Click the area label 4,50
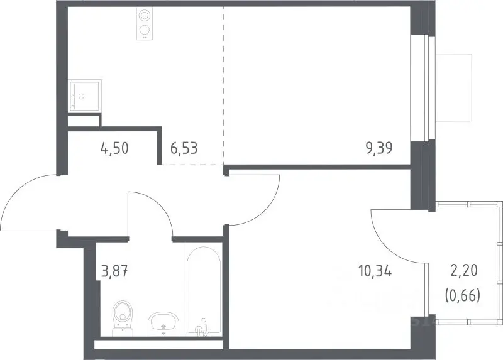click(x=114, y=148)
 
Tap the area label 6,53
click(x=184, y=148)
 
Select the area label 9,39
click(x=380, y=148)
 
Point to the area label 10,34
click(x=375, y=272)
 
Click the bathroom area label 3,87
click(x=115, y=272)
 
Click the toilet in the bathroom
click(x=123, y=318)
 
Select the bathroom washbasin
click(x=163, y=323)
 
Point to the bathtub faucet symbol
click(x=203, y=327)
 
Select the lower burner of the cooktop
click(x=144, y=30)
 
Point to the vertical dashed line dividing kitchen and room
click(x=224, y=85)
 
